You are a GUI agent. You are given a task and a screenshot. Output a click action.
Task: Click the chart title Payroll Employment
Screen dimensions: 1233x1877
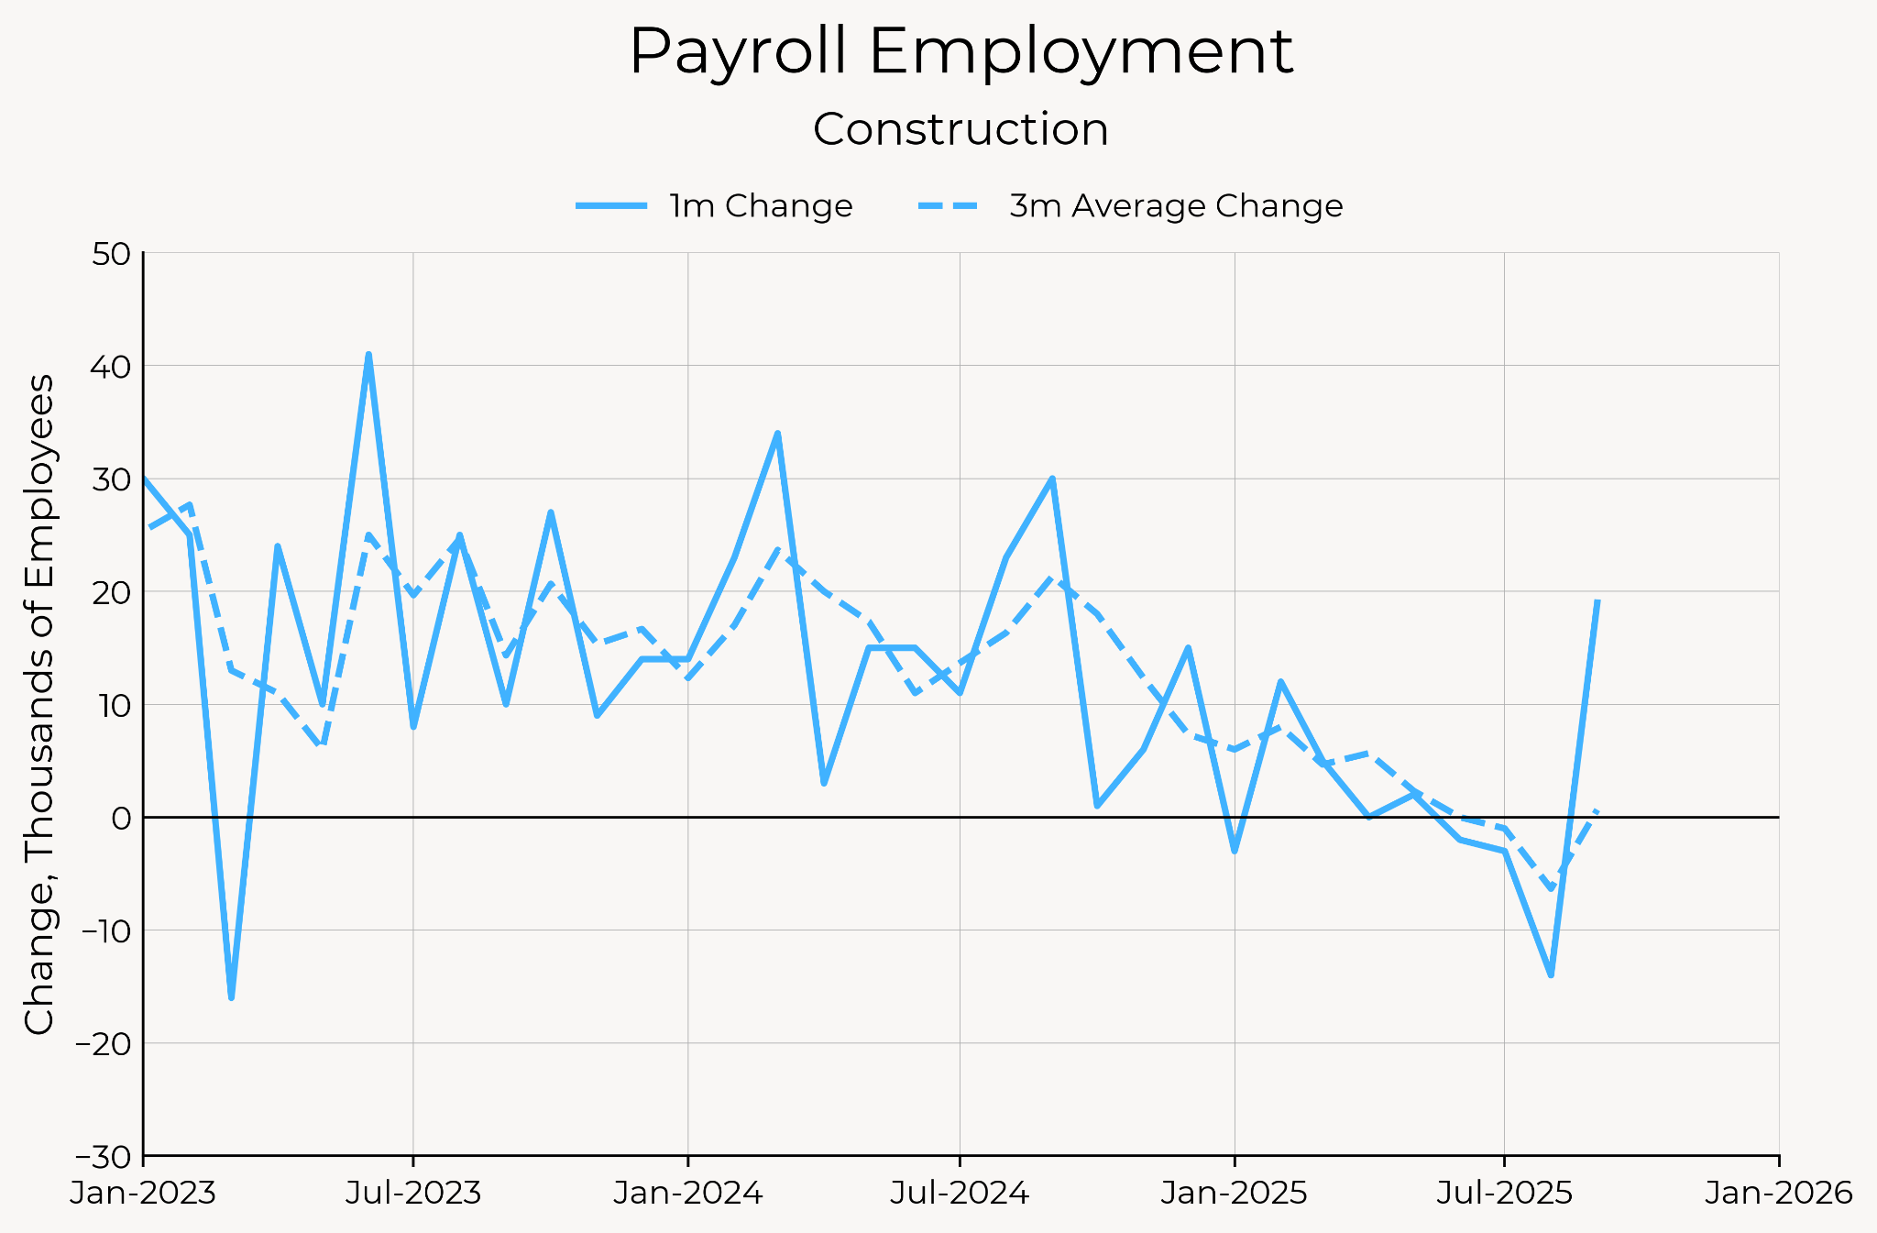click(x=960, y=51)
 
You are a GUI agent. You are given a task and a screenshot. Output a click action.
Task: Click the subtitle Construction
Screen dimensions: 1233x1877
click(x=960, y=129)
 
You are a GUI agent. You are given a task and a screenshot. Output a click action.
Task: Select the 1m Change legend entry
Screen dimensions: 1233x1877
click(x=715, y=205)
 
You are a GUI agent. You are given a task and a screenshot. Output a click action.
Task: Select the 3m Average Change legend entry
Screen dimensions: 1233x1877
click(x=1131, y=205)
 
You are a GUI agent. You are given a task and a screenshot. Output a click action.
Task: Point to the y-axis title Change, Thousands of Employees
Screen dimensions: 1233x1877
click(x=38, y=704)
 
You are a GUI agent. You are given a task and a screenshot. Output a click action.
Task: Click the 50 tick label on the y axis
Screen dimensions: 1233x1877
click(x=112, y=254)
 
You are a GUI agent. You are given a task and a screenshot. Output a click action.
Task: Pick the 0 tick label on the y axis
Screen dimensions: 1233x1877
click(x=121, y=818)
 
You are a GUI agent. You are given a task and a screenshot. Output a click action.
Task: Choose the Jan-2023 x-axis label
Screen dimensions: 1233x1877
click(x=143, y=1194)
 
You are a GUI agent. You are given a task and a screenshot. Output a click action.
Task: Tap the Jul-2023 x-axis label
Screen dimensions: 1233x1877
click(x=413, y=1194)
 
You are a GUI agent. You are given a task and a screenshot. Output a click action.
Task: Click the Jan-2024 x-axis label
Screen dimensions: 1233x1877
click(x=688, y=1194)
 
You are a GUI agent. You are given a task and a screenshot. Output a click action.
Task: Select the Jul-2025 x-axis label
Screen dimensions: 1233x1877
click(x=1504, y=1194)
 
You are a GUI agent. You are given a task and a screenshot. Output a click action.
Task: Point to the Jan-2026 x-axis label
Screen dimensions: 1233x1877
click(x=1779, y=1194)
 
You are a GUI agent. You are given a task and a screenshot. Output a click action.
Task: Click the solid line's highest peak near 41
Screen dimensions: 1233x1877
click(x=368, y=355)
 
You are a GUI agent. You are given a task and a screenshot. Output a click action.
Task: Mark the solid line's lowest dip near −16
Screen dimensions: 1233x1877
click(x=231, y=997)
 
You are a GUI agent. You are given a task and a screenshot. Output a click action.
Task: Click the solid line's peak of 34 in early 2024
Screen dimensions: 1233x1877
click(x=777, y=434)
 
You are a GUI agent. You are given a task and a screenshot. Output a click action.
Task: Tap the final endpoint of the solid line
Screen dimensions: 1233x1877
click(x=1597, y=601)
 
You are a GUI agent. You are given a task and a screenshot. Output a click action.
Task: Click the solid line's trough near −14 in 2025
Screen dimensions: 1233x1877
click(x=1551, y=974)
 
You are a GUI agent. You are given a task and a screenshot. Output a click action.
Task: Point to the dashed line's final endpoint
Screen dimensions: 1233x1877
click(x=1597, y=810)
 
